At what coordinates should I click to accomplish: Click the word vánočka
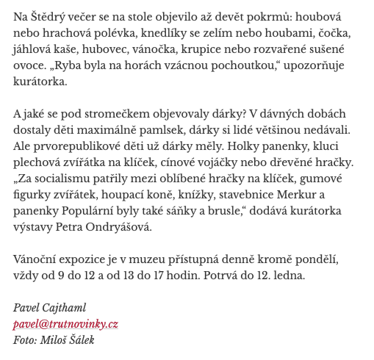pos(150,48)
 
